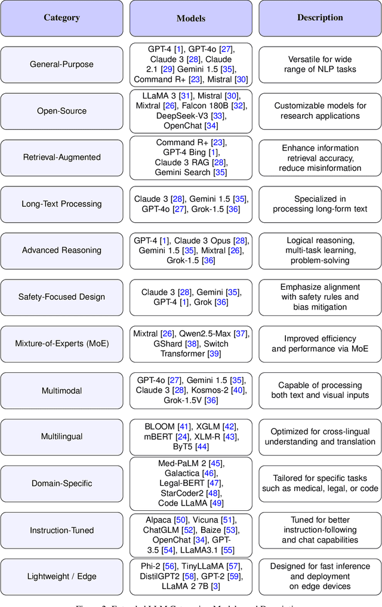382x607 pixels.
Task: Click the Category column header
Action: tap(62, 18)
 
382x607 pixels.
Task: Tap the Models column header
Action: tap(190, 18)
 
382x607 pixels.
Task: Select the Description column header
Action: tap(320, 18)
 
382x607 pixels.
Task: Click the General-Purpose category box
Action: tap(62, 65)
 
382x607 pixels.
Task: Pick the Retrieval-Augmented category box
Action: tap(62, 157)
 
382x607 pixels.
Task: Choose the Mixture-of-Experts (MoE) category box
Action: tap(62, 344)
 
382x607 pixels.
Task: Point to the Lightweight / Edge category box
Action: tap(62, 577)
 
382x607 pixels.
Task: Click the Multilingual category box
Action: tap(62, 437)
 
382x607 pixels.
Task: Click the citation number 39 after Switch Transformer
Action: tap(214, 354)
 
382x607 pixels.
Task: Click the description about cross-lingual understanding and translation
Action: tap(320, 437)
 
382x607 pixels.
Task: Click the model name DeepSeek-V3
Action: tap(182, 116)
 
